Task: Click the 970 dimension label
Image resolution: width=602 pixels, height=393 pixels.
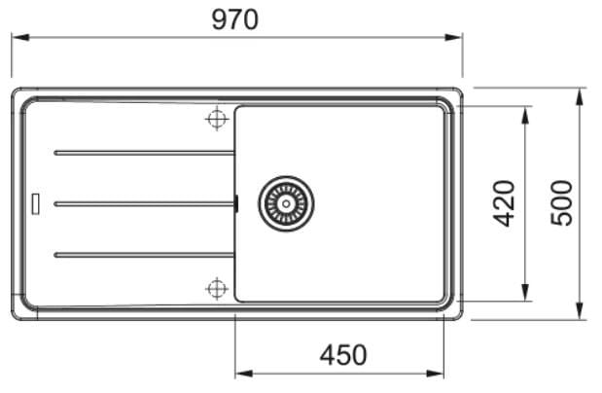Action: click(x=235, y=20)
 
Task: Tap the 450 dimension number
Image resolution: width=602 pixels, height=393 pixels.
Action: click(x=343, y=355)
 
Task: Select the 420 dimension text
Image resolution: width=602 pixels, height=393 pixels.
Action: click(x=504, y=203)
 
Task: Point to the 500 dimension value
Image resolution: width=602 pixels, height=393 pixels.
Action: click(x=562, y=203)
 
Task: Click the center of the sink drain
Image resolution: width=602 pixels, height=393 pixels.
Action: click(x=286, y=203)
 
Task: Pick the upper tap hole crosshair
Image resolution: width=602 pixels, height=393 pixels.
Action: click(x=217, y=119)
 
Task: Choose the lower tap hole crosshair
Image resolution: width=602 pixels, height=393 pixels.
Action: click(x=217, y=288)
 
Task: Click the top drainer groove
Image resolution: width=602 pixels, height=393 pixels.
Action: click(x=144, y=153)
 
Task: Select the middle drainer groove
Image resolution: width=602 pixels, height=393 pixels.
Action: click(x=144, y=204)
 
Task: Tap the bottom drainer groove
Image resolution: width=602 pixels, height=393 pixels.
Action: click(x=144, y=255)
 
